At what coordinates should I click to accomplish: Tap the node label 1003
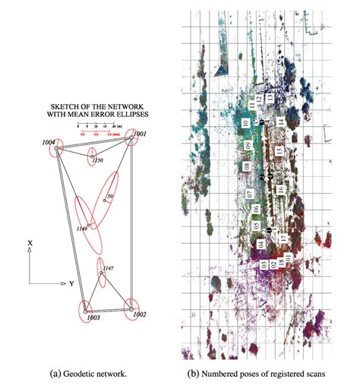(x=93, y=318)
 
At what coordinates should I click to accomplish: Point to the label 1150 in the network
(x=96, y=161)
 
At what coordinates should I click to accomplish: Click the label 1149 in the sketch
(x=84, y=227)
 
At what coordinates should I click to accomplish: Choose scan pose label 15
(x=279, y=152)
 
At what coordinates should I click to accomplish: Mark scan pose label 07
(x=249, y=194)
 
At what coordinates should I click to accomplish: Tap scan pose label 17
(x=283, y=238)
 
